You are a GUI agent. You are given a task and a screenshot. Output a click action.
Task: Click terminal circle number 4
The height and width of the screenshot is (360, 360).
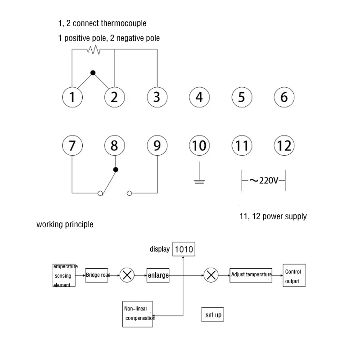[x=199, y=97]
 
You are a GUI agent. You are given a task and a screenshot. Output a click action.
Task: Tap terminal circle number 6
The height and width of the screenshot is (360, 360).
[x=284, y=97]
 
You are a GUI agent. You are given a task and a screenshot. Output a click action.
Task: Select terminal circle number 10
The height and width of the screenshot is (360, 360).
[x=199, y=145]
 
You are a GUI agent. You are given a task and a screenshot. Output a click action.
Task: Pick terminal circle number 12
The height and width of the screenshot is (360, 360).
[x=284, y=145]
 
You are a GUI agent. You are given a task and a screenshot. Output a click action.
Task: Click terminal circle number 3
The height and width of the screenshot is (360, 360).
[x=157, y=97]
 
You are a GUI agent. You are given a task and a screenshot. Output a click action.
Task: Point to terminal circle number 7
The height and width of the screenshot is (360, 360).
[x=72, y=145]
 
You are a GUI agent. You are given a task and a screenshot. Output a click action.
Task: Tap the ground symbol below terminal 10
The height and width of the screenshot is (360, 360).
[x=199, y=181]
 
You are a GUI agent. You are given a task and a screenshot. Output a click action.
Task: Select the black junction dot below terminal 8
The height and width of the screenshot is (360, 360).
[x=115, y=170]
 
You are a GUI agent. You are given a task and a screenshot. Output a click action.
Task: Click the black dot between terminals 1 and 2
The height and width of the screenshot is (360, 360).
[x=93, y=72]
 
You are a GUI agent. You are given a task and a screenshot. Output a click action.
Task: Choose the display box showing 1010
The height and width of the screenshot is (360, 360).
[x=184, y=249]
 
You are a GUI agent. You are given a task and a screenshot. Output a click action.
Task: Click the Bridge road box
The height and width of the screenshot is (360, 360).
[x=98, y=275]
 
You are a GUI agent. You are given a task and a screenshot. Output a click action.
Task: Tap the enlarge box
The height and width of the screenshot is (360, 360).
[x=158, y=275]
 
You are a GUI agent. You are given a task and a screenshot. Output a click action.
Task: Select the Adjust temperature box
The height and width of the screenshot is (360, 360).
[x=252, y=274]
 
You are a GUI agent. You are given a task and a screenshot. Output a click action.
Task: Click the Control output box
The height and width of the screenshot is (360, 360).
[x=293, y=276]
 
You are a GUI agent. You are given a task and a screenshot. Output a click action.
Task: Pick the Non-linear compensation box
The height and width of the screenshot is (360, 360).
[x=139, y=314]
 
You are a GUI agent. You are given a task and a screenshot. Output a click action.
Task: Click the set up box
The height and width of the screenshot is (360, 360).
[x=213, y=315]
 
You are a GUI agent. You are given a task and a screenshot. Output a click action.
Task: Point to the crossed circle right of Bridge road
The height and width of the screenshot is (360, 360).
[x=128, y=275]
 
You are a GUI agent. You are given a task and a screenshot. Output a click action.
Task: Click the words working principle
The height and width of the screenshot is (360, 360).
[x=65, y=224]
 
